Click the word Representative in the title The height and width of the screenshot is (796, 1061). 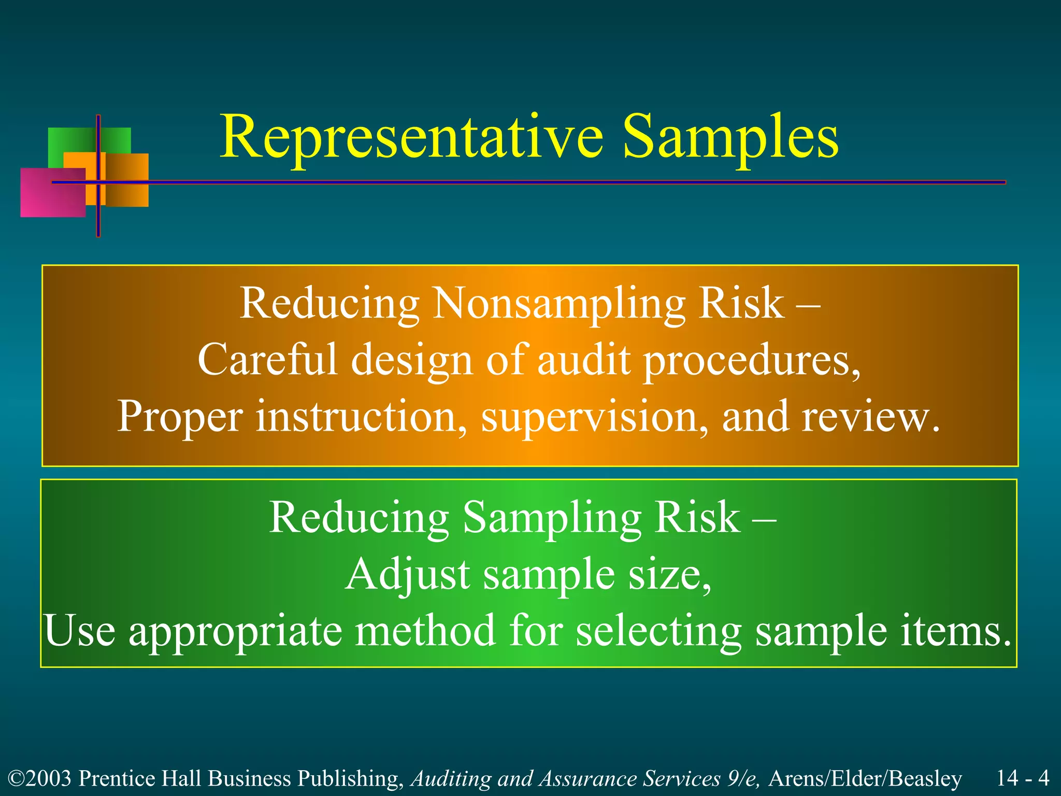point(412,137)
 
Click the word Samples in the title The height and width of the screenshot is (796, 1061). point(730,137)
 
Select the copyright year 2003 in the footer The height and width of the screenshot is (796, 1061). point(50,779)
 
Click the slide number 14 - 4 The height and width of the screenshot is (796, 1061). point(1023,778)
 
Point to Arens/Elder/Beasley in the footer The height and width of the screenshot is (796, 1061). point(865,779)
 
